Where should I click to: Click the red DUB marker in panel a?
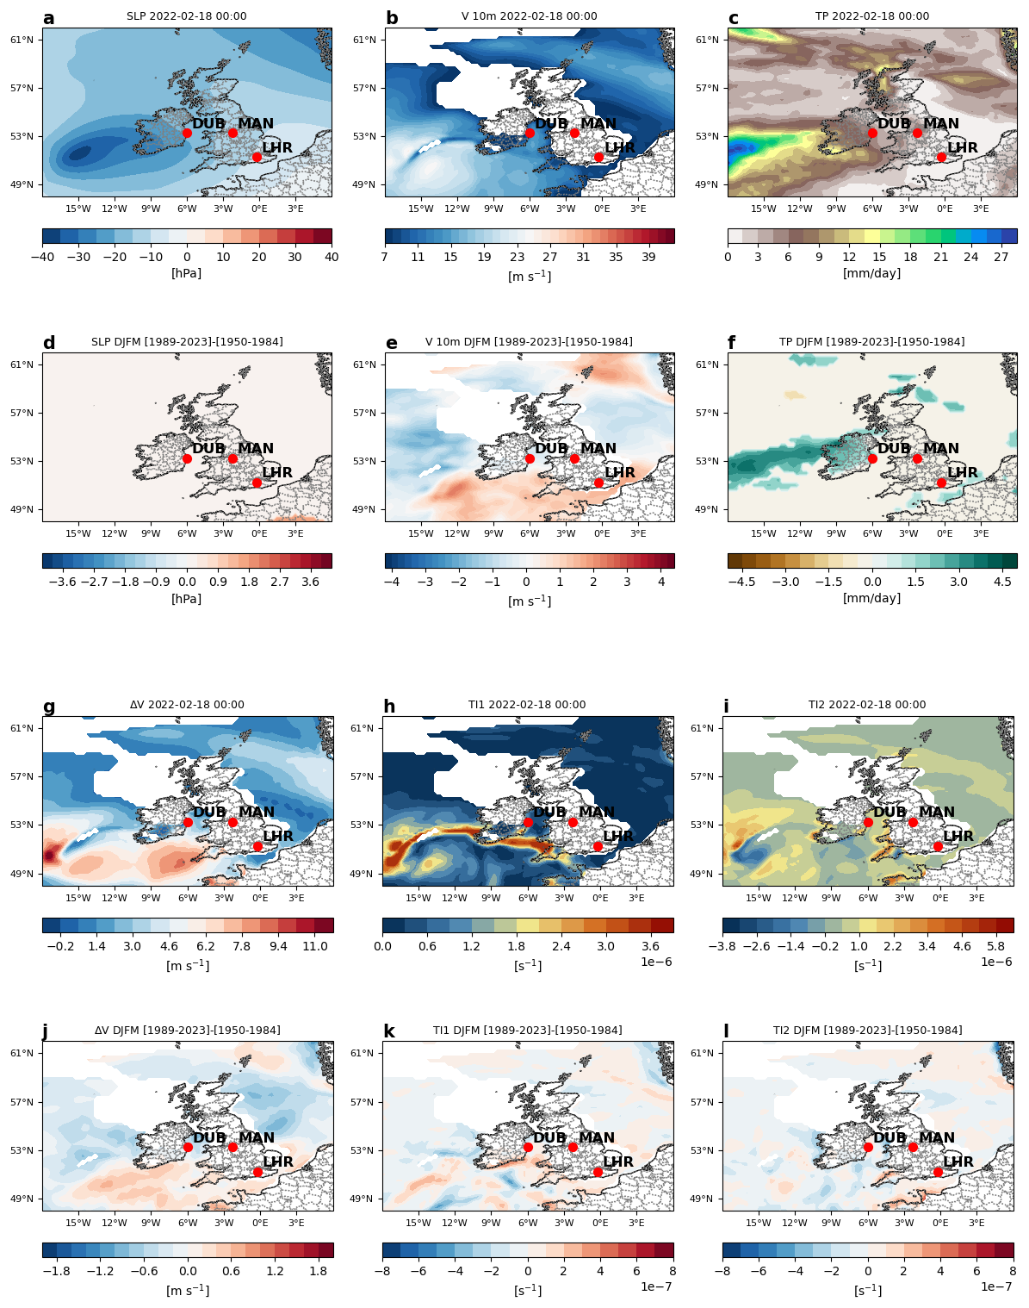coord(187,133)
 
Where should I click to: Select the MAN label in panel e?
coord(598,449)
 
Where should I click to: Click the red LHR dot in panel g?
coord(257,847)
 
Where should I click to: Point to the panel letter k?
coord(389,1032)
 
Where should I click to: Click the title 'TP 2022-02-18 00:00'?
coord(872,16)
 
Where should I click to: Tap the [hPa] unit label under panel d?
coord(187,599)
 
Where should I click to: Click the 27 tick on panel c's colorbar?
coord(1001,257)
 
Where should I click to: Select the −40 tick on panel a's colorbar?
coord(43,257)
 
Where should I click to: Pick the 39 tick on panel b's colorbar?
coord(649,257)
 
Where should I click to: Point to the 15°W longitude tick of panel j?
coord(78,1223)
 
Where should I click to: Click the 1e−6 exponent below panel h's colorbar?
coord(655,962)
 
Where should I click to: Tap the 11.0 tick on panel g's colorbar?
coord(315,946)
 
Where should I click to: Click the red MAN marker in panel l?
coord(913,1147)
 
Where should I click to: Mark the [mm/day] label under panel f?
coord(872,598)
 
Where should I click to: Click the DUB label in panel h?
coord(550,813)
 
